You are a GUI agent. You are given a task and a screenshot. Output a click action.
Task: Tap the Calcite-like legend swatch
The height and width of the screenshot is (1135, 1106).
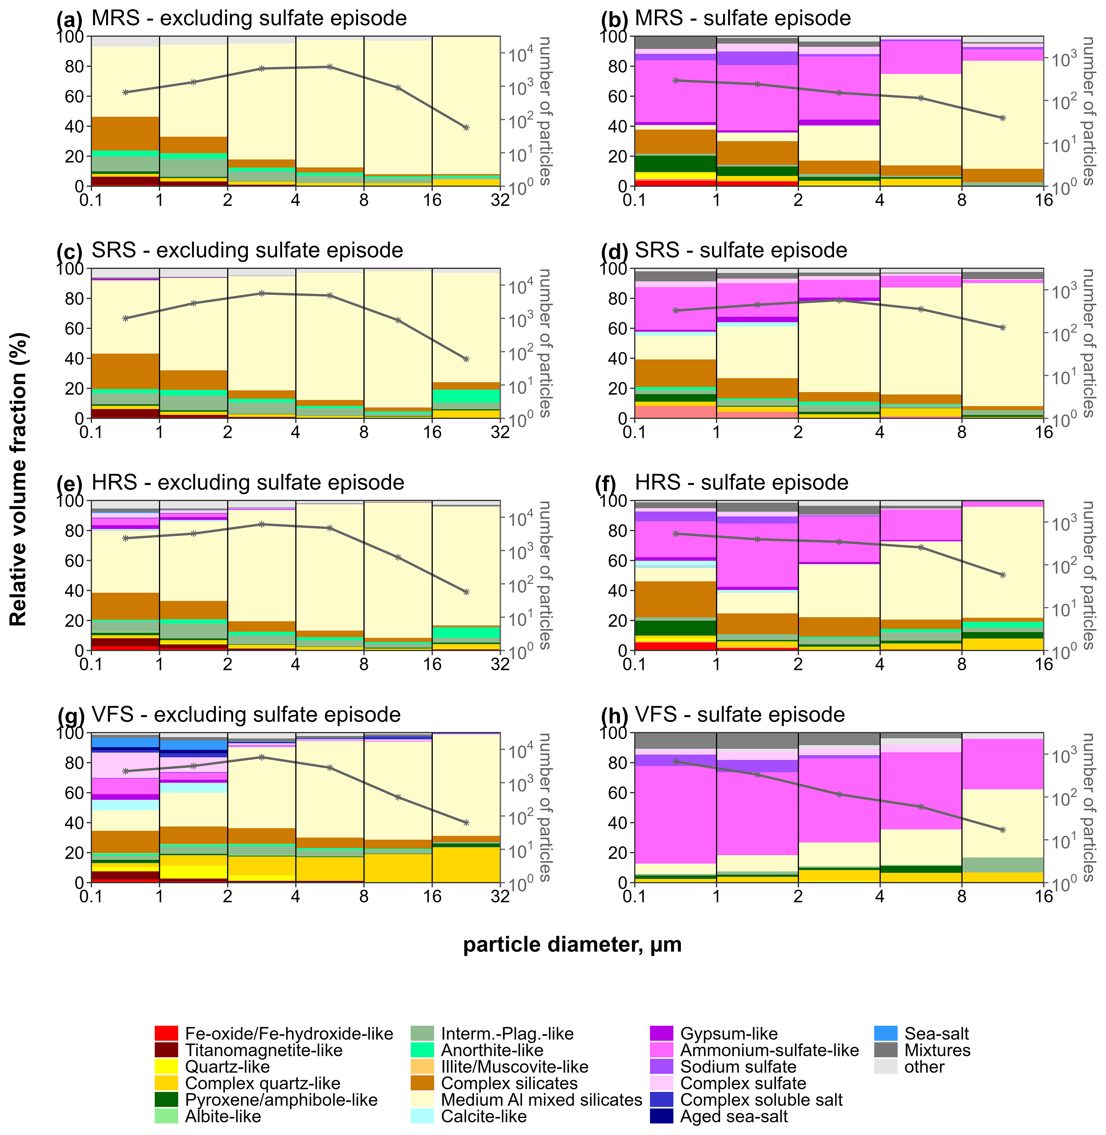[422, 1116]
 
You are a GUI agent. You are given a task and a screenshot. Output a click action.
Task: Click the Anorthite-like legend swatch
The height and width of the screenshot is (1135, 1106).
[422, 1050]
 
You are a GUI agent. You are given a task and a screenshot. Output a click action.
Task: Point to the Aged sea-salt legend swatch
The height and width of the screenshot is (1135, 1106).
[661, 1116]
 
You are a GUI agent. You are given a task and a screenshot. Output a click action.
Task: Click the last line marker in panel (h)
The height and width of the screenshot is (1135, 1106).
[1003, 830]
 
